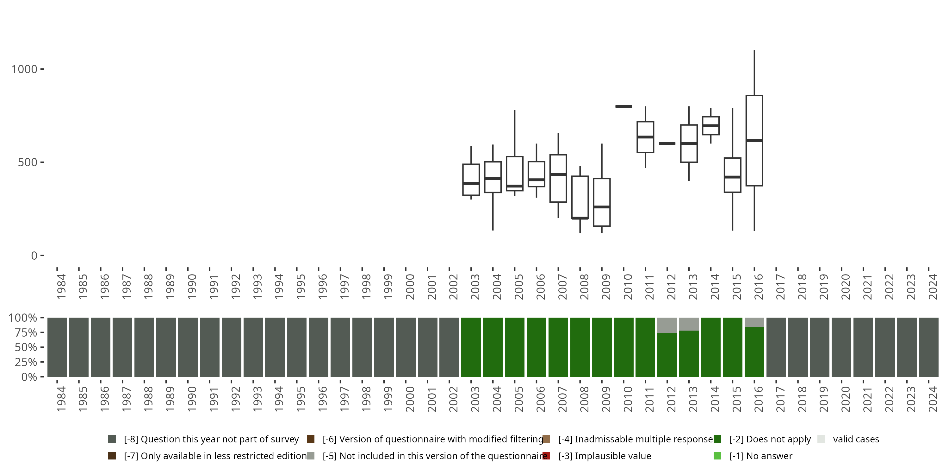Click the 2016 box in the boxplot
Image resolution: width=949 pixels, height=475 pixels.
[x=754, y=162]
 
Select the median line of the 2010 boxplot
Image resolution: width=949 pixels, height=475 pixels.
[x=623, y=106]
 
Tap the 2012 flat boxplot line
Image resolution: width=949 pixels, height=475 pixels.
[x=667, y=143]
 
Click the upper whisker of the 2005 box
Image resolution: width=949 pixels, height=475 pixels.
[x=515, y=133]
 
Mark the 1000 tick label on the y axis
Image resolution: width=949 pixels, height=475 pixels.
[x=24, y=69]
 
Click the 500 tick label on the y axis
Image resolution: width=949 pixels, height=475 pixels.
[x=28, y=162]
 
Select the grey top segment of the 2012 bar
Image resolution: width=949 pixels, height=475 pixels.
[x=667, y=325]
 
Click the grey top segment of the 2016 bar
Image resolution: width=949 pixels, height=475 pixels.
[x=754, y=322]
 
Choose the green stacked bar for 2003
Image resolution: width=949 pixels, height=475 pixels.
[x=471, y=347]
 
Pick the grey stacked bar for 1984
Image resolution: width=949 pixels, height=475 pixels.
[x=57, y=347]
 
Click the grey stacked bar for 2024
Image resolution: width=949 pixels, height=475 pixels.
[x=928, y=347]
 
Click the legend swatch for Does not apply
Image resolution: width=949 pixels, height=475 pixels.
[x=717, y=439]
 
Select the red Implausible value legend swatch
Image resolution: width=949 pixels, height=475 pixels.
[x=546, y=455]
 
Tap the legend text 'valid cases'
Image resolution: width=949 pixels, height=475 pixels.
[x=856, y=439]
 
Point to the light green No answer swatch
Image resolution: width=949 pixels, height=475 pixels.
[x=717, y=455]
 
